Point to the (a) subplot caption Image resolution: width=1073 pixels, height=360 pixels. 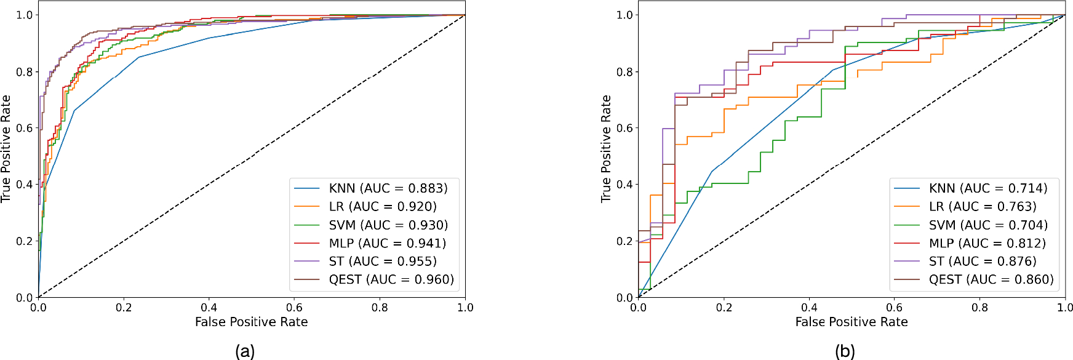pyautogui.click(x=245, y=351)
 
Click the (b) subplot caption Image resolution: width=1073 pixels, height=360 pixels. pyautogui.click(x=845, y=351)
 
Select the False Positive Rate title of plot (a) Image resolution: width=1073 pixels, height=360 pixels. pyautogui.click(x=251, y=322)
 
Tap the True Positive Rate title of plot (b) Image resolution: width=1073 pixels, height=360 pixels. pyautogui.click(x=606, y=149)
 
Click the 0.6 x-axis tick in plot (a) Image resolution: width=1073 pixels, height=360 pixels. pyautogui.click(x=294, y=308)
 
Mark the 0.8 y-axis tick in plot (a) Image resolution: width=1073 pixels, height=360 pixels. pyautogui.click(x=24, y=72)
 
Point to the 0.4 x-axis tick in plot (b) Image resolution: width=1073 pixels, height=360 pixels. pyautogui.click(x=809, y=308)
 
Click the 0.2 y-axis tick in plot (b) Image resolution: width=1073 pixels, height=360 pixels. pyautogui.click(x=624, y=241)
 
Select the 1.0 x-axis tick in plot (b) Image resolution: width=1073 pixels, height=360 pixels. pyautogui.click(x=1064, y=308)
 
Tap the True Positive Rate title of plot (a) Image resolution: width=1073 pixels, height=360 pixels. pyautogui.click(x=6, y=149)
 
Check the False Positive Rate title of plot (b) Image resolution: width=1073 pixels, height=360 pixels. pyautogui.click(x=852, y=322)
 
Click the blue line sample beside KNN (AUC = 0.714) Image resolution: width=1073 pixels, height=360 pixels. pyautogui.click(x=906, y=188)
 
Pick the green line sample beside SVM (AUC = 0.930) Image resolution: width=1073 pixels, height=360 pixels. pyautogui.click(x=306, y=225)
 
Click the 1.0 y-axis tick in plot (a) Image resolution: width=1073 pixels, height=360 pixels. pyautogui.click(x=24, y=15)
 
